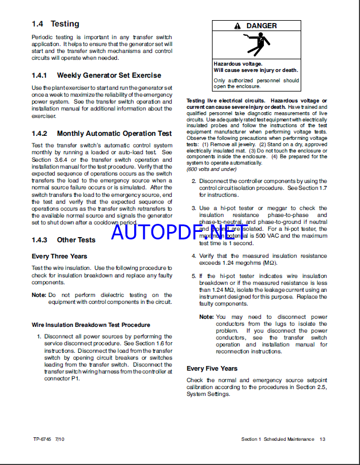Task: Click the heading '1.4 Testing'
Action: (x=55, y=24)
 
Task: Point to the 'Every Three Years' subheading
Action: (x=59, y=256)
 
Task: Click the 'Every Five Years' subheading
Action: (x=212, y=368)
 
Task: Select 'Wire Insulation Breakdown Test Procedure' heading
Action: (x=90, y=325)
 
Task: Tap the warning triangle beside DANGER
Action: (x=237, y=26)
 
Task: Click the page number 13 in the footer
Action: (x=323, y=439)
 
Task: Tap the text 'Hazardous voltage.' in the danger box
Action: (x=238, y=64)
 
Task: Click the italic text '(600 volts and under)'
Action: (x=211, y=169)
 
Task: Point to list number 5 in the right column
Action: (x=194, y=276)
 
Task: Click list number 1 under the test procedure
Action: (x=39, y=337)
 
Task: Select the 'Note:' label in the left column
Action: (x=39, y=295)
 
